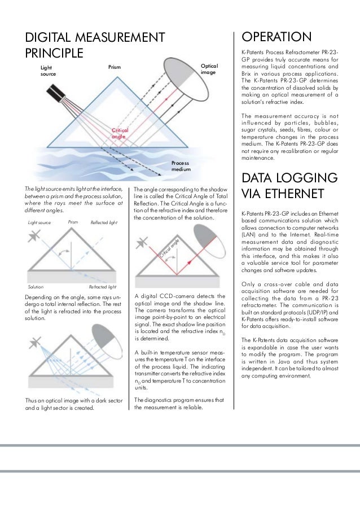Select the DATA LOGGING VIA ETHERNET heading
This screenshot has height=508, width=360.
coord(289,186)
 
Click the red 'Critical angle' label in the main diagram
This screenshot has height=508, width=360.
coord(119,133)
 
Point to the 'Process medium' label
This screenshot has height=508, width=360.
coord(181,165)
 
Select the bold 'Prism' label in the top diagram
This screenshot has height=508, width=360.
coord(115,67)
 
